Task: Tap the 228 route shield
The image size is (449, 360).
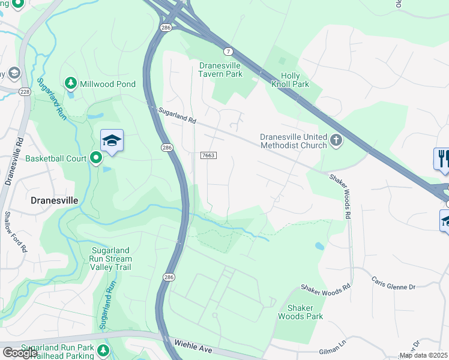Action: point(24,91)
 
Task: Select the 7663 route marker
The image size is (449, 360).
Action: point(208,155)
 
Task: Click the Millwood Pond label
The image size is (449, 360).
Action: point(109,84)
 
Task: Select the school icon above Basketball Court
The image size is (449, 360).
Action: point(112,141)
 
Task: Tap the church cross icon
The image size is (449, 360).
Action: point(336,141)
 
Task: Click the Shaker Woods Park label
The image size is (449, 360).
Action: point(300,312)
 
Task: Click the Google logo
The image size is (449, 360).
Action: point(19,352)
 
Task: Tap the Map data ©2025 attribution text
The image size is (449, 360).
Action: point(423,355)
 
